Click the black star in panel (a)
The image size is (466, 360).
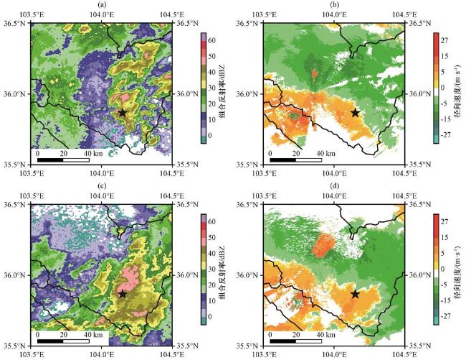click(122, 113)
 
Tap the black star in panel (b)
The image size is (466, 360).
click(356, 113)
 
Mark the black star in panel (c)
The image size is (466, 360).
click(122, 294)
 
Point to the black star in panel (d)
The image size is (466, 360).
click(356, 294)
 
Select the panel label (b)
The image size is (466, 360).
click(334, 5)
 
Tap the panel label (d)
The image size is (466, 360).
click(334, 186)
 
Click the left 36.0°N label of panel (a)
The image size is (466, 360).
click(14, 94)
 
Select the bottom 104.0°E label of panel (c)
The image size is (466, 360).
click(100, 354)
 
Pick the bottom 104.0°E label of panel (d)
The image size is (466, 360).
click(334, 354)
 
